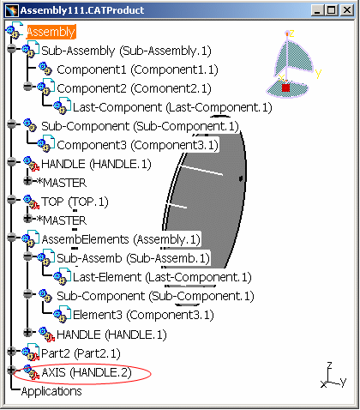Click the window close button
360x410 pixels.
tap(347, 10)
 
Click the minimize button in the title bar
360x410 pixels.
tap(317, 10)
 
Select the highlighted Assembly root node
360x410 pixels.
tap(51, 32)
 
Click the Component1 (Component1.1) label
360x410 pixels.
tap(137, 69)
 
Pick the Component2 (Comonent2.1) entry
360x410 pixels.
tap(134, 88)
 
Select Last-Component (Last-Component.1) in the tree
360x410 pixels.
tap(172, 107)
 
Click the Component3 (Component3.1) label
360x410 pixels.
tap(137, 145)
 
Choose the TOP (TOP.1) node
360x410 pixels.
tap(75, 202)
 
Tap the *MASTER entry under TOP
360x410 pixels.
tap(62, 220)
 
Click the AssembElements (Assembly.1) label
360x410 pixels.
tap(121, 239)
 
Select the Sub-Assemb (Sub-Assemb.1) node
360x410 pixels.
tap(133, 258)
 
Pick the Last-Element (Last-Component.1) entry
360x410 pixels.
tap(162, 277)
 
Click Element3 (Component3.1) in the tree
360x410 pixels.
tap(143, 315)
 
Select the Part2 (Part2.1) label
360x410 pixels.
tap(81, 353)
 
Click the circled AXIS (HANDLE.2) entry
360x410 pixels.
tap(87, 372)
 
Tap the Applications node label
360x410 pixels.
tap(51, 391)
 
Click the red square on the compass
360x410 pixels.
tap(286, 87)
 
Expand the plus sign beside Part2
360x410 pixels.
tap(11, 351)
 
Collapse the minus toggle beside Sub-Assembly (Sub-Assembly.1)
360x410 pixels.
tap(11, 49)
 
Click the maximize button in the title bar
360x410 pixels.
tap(332, 10)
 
